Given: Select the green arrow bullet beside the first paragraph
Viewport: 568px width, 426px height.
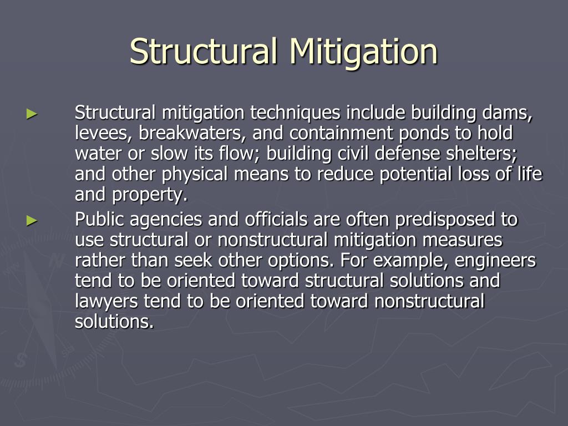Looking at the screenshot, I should pyautogui.click(x=32, y=114).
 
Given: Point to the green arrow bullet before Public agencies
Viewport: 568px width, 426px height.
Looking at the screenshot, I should pyautogui.click(x=32, y=221).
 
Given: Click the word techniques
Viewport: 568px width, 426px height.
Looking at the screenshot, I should pyautogui.click(x=295, y=113).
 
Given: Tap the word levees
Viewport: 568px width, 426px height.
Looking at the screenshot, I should pyautogui.click(x=102, y=133).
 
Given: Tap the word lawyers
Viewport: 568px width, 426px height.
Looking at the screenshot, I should pyautogui.click(x=108, y=301).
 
